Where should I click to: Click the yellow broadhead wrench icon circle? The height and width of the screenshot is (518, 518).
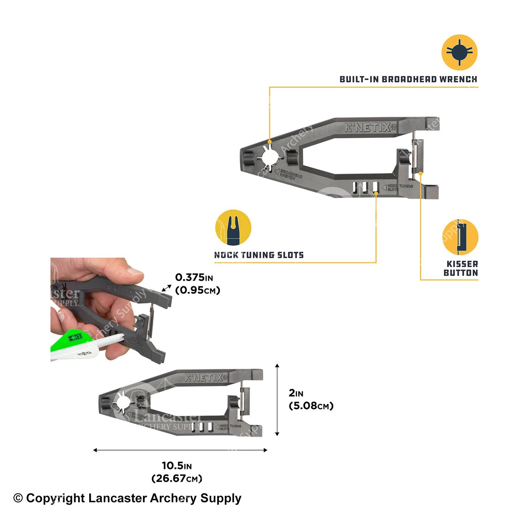[459, 52]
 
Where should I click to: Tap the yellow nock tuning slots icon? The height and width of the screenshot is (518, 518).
[233, 228]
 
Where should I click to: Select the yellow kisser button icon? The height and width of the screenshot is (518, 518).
[460, 237]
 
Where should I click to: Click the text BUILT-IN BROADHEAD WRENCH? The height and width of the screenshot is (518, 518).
[408, 79]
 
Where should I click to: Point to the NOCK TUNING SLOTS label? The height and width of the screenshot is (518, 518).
[259, 255]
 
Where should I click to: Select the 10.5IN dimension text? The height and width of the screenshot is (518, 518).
[176, 466]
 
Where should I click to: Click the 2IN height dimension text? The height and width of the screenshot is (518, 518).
[296, 393]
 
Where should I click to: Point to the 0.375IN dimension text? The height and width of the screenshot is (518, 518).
[194, 277]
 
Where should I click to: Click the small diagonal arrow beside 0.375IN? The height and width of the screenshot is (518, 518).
[167, 288]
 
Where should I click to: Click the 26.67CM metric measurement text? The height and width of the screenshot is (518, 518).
[176, 479]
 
